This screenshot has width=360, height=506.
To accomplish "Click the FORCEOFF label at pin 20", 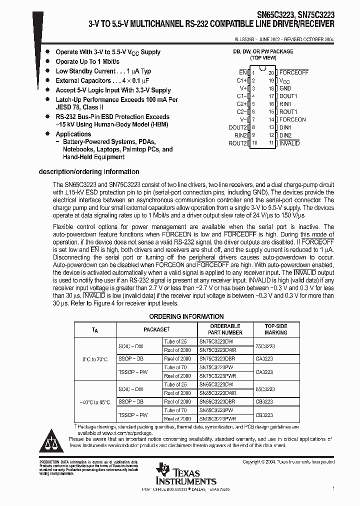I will (x=293, y=72).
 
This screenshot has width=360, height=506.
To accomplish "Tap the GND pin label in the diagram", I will (x=285, y=88).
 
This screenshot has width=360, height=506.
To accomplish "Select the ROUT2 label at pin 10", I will (x=237, y=143).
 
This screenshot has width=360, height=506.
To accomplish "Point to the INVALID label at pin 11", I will (x=289, y=143).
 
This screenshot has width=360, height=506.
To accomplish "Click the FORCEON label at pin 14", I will (x=292, y=119).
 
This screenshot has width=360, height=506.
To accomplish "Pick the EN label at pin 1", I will (x=243, y=72).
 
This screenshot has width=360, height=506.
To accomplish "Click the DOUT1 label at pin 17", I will (x=288, y=96).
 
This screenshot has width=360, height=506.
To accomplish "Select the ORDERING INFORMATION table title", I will (x=186, y=316).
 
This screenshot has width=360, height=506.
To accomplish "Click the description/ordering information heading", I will (x=89, y=172).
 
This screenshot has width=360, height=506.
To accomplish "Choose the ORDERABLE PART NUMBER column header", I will (x=220, y=329).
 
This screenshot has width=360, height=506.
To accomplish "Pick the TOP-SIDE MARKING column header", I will (x=275, y=329).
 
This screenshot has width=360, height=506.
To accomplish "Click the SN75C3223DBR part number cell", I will (x=217, y=358).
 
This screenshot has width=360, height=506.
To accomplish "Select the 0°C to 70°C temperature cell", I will (x=95, y=358).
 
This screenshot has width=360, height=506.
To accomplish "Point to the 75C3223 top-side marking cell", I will (x=265, y=345).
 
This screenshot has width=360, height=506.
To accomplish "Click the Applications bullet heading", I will (x=73, y=134).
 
